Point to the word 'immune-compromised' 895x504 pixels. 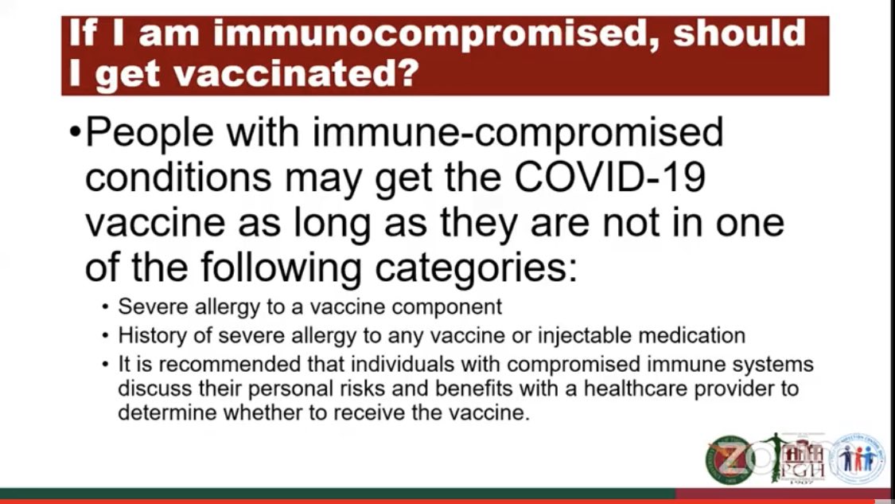(518, 132)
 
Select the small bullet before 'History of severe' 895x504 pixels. (106, 336)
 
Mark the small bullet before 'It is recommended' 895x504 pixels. (106, 365)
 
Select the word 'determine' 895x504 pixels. (156, 414)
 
